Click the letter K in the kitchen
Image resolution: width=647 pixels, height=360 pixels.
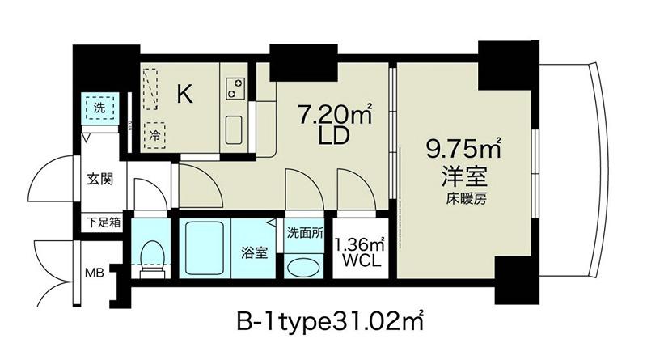pos(184,94)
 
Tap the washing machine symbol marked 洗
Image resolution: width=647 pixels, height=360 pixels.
pos(99,108)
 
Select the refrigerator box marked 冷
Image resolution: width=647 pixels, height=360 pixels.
pos(154,136)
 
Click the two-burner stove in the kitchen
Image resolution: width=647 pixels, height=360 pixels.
pos(235,88)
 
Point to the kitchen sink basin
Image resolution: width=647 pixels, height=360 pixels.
pos(234,129)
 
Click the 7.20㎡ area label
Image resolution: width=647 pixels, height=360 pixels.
pos(334,114)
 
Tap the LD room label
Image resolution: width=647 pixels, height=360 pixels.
pos(334,135)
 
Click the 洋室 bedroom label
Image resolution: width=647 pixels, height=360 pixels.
pos(464,176)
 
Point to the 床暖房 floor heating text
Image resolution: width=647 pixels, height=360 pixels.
pos(466,199)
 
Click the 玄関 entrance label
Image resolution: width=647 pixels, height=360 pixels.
pos(99,179)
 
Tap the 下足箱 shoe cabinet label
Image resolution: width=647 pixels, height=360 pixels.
pos(104,222)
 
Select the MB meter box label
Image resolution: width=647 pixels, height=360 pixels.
pos(94,273)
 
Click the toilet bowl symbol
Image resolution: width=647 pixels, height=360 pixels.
pos(151,258)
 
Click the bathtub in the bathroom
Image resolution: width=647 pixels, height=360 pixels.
pos(205,248)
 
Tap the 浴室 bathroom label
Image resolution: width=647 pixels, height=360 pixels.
pos(254,252)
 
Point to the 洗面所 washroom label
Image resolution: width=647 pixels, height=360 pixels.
pos(305,233)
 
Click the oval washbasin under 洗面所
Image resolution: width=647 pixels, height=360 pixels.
pos(303,268)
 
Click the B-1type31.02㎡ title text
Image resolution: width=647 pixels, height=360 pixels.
pos(330,323)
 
